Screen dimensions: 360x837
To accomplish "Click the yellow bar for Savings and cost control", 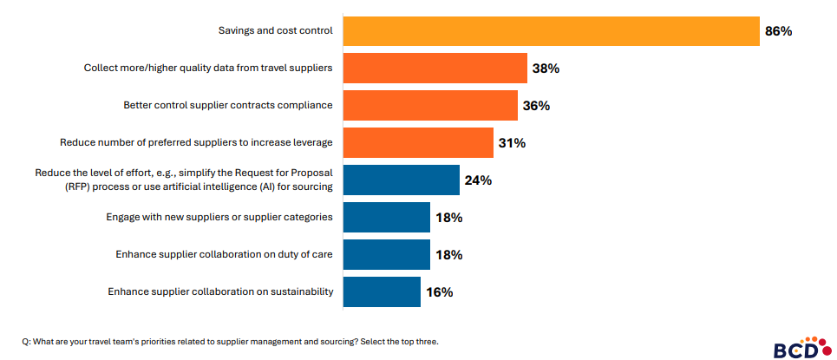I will point(551,31).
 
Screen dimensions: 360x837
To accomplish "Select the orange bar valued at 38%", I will point(435,69).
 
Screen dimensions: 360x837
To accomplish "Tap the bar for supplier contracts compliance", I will point(430,106).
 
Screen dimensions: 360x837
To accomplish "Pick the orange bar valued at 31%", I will point(418,142).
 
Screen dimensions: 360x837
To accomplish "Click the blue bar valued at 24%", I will point(401,180).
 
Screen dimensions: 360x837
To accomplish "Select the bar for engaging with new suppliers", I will point(387,217).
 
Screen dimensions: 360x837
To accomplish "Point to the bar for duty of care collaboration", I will point(387,254).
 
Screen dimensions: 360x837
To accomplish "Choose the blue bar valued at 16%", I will point(382,291).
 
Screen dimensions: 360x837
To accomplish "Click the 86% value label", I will point(778,31).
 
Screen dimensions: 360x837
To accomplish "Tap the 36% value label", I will point(536,106).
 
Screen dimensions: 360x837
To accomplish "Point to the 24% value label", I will point(478,180).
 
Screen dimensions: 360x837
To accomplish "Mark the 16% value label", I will point(439,292).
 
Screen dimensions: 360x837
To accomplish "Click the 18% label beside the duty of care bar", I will point(448,255).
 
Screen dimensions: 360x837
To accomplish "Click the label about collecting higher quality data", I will point(208,69).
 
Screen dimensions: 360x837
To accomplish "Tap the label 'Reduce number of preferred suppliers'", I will point(196,142).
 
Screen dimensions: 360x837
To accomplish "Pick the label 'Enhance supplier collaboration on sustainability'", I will point(220,291).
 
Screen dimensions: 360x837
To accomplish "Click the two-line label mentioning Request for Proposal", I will point(184,180).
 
